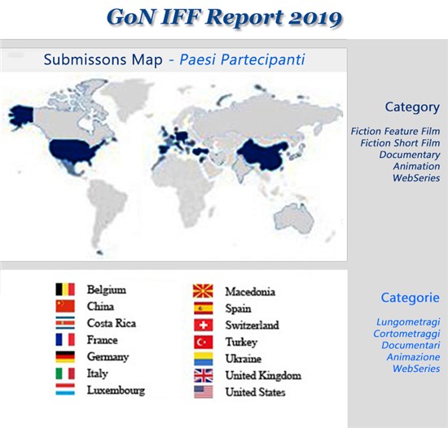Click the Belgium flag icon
pyautogui.click(x=65, y=290)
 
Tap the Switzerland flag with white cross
pyautogui.click(x=203, y=325)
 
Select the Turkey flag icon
pyautogui.click(x=203, y=342)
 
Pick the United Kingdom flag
pyautogui.click(x=203, y=375)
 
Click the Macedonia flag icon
pyautogui.click(x=203, y=291)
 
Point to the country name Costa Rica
pyautogui.click(x=112, y=323)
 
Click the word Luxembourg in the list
pyautogui.click(x=116, y=391)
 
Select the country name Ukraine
pyautogui.click(x=244, y=359)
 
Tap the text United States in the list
pyautogui.click(x=255, y=392)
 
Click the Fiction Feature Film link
pyautogui.click(x=395, y=131)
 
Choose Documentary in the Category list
pyautogui.click(x=410, y=155)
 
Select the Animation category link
pyautogui.click(x=416, y=166)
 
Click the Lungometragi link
pyautogui.click(x=408, y=322)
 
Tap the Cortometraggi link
pyautogui.click(x=406, y=334)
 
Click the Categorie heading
pyautogui.click(x=411, y=298)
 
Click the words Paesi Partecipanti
pyautogui.click(x=242, y=59)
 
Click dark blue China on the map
pyautogui.click(x=264, y=154)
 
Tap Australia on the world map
pyautogui.click(x=294, y=218)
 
